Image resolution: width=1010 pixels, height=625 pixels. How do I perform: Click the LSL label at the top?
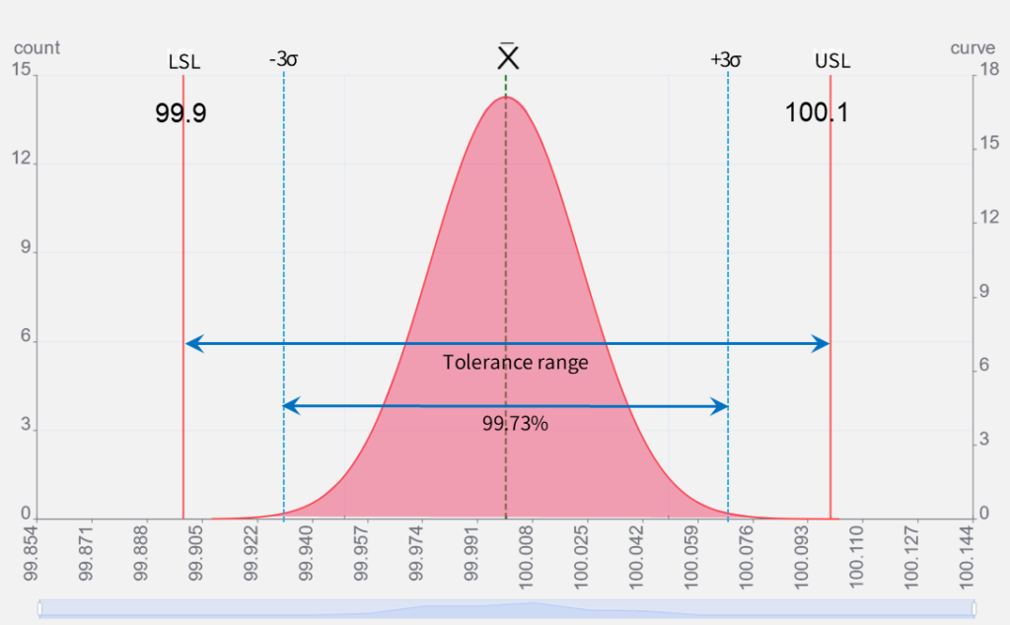point(184,61)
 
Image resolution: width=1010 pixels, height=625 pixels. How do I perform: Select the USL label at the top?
point(832,61)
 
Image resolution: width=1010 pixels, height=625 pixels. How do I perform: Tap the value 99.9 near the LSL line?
point(180,112)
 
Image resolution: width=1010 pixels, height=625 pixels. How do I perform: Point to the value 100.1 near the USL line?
point(817,112)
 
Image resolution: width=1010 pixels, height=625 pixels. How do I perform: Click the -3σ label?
point(284,59)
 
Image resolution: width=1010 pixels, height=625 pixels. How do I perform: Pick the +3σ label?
point(726,59)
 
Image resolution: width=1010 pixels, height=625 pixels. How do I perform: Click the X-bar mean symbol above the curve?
point(508,58)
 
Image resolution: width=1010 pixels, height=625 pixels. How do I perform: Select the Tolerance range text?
point(515,363)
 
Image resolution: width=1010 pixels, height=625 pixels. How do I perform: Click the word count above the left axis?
point(37,47)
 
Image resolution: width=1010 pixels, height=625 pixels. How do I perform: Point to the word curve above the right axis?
point(973,47)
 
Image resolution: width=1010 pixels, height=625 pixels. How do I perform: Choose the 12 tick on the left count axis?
point(24,161)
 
